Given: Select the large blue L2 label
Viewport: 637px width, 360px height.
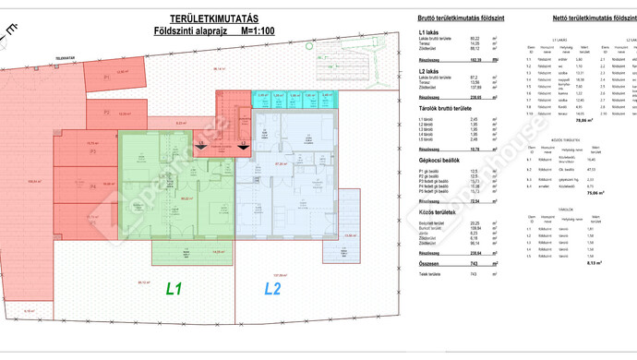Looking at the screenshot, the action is (272, 289).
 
